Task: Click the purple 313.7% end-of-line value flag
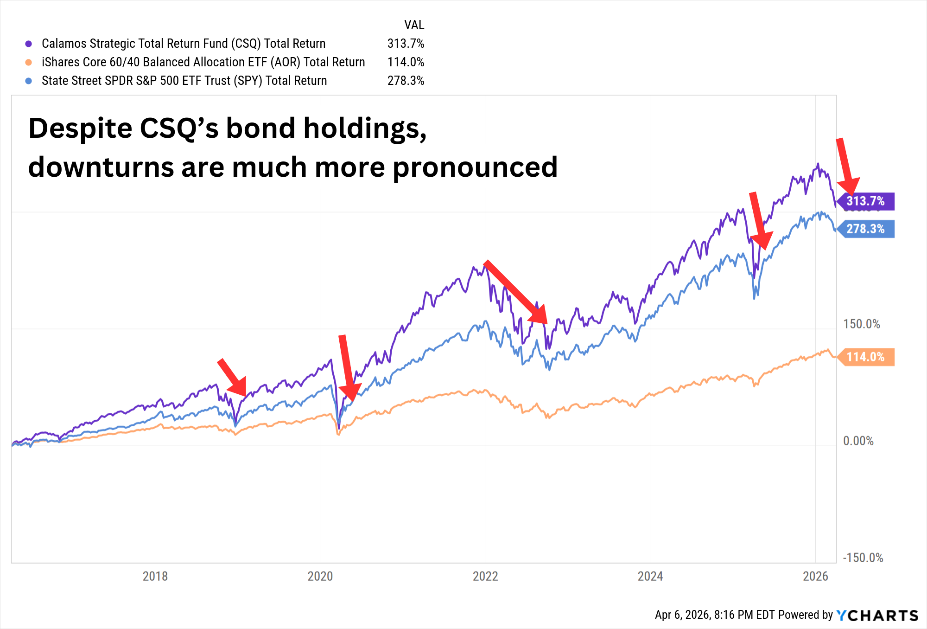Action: [865, 201]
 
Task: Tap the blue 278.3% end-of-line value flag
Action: [865, 229]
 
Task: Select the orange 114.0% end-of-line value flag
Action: [865, 357]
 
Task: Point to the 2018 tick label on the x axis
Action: [155, 576]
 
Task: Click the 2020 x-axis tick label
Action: [320, 576]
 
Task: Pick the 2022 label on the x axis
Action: [485, 576]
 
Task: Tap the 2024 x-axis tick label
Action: [650, 576]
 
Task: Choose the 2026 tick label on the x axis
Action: [815, 576]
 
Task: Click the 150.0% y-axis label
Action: [861, 324]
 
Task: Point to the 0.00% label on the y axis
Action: [858, 441]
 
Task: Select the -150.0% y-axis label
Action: [863, 558]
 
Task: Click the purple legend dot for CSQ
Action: [29, 44]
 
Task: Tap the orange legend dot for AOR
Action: [29, 62]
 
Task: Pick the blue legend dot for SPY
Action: [29, 81]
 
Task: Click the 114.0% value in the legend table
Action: [406, 62]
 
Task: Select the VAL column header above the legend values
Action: [414, 25]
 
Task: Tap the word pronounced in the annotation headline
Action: [475, 167]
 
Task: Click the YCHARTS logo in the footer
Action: [877, 615]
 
